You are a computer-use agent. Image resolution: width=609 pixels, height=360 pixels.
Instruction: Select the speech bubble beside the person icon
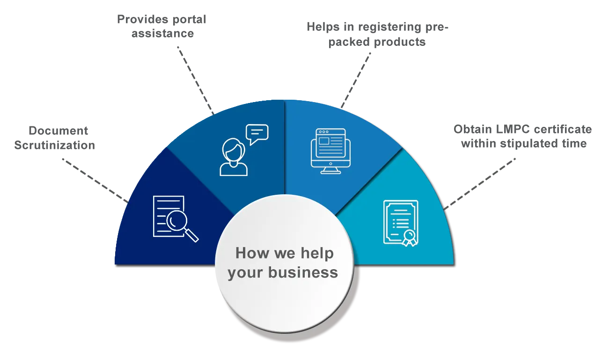(257, 133)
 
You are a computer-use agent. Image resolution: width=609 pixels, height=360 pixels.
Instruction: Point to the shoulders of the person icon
(233, 169)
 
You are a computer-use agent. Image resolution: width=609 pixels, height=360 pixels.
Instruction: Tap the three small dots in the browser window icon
(323, 132)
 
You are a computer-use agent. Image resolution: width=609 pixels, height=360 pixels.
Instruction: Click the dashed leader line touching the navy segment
(94, 180)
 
